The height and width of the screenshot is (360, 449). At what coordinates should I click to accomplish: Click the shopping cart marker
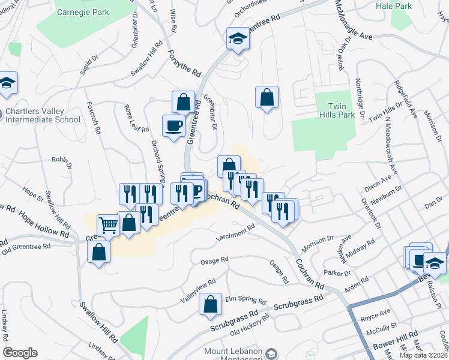point(108,226)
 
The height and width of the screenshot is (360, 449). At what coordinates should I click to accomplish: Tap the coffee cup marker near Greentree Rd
point(174,126)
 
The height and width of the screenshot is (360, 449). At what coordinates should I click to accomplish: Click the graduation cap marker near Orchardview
point(238,40)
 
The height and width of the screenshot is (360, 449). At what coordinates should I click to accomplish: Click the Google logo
point(20,353)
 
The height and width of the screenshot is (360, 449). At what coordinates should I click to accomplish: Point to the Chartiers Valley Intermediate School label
point(42,115)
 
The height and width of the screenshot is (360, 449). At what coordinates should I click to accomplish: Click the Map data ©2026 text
point(424,355)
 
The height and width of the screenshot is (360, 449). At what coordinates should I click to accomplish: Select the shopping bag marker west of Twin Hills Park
point(267,97)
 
